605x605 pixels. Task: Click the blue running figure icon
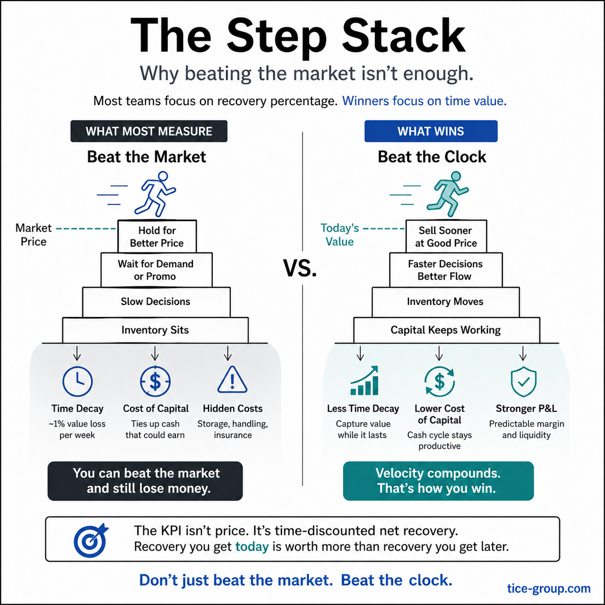click(155, 194)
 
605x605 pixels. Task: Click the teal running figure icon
click(448, 194)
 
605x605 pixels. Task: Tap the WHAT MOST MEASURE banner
click(149, 131)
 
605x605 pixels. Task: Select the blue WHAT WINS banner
click(431, 131)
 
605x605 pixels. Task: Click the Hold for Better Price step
click(157, 236)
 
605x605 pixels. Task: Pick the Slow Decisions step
click(156, 302)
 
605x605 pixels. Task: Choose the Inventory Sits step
click(155, 330)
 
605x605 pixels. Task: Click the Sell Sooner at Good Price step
click(446, 236)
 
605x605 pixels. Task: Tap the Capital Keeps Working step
click(446, 330)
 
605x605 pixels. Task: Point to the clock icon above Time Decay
click(78, 381)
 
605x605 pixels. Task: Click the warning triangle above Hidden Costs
click(233, 380)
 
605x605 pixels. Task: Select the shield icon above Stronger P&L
click(523, 382)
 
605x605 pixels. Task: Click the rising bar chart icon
click(364, 381)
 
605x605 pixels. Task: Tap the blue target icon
click(91, 540)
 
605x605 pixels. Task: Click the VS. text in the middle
click(300, 268)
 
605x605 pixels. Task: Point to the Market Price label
click(33, 235)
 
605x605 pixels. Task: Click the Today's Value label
click(339, 235)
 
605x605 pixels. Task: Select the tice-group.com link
click(549, 589)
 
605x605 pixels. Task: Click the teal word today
click(252, 547)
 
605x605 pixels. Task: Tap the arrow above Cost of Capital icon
click(155, 353)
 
